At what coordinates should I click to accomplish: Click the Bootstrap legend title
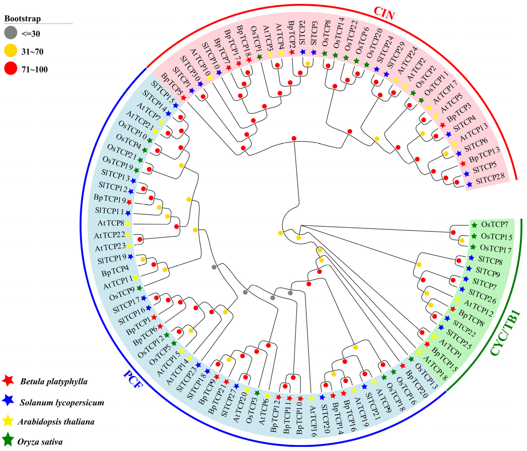(x=23, y=19)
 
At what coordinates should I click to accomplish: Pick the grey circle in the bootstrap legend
(x=11, y=33)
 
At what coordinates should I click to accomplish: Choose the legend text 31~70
(x=32, y=52)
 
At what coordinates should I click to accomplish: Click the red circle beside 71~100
(x=11, y=68)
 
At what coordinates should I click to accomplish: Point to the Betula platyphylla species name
(x=54, y=381)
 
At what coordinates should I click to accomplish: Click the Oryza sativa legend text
(x=40, y=442)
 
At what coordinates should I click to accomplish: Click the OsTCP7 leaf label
(x=494, y=224)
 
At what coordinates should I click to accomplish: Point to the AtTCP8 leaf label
(x=111, y=223)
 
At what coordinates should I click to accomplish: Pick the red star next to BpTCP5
(x=183, y=98)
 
